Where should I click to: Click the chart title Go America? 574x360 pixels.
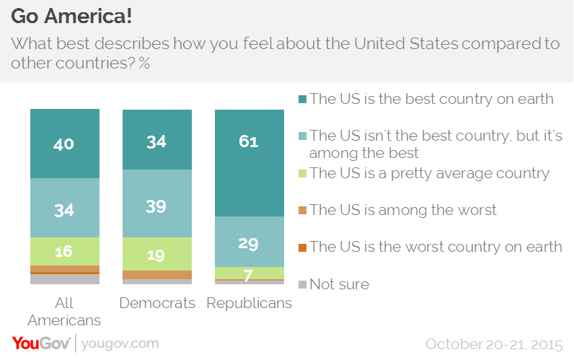tap(71, 16)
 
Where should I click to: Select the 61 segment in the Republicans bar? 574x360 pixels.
tap(249, 162)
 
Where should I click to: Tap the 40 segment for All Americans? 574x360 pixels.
tap(64, 144)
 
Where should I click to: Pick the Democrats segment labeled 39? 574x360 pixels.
tap(156, 206)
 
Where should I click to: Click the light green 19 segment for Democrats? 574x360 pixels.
tap(156, 254)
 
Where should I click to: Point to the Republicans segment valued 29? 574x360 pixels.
tap(249, 242)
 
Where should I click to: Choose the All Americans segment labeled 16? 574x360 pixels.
tap(64, 251)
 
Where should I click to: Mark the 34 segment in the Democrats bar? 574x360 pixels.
tap(156, 140)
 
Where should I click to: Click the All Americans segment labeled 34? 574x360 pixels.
tap(64, 209)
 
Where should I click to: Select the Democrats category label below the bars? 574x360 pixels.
tap(156, 303)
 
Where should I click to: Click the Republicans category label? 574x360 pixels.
tap(249, 303)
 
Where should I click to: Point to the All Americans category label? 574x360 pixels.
tap(64, 310)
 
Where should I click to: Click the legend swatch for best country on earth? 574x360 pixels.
tap(303, 100)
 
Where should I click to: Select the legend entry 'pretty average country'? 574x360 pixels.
tap(429, 173)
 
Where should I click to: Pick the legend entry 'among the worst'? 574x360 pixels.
tap(403, 210)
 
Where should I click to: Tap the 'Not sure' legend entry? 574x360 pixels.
tap(339, 284)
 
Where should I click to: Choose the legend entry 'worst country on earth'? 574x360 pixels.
tap(436, 247)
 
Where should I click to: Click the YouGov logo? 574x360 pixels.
tap(40, 343)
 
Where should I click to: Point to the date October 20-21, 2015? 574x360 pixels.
tap(495, 343)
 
